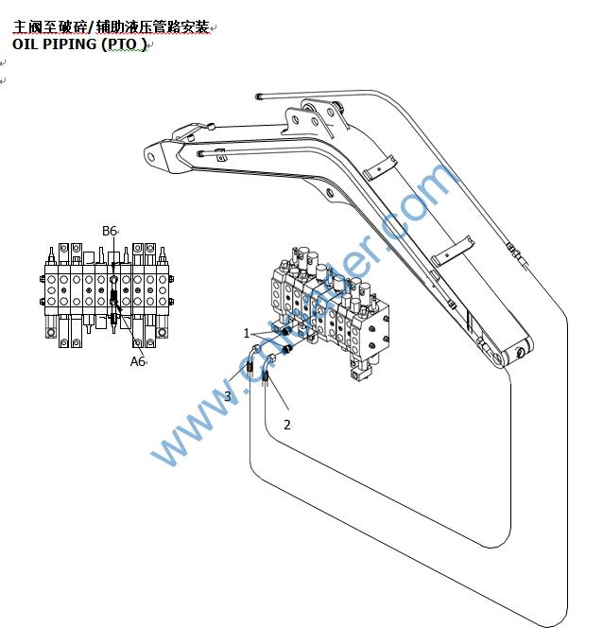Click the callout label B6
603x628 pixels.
pos(109,231)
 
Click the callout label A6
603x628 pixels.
pos(137,360)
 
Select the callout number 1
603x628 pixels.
pos(247,333)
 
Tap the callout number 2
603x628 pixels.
pos(287,425)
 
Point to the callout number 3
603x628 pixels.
pos(227,396)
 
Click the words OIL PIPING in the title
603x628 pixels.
pos(55,44)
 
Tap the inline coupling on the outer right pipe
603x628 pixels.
pos(514,251)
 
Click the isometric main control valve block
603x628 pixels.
pos(326,303)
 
